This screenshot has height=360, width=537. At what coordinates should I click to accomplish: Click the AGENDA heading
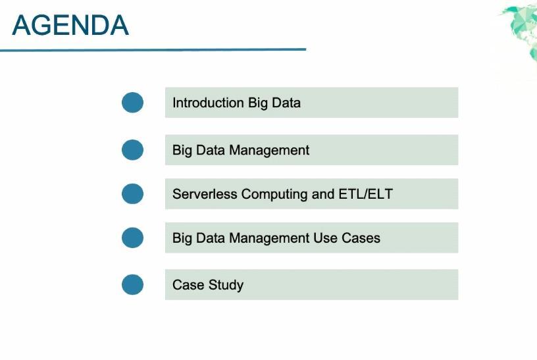70,25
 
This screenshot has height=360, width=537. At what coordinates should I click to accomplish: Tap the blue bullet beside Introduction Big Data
132,103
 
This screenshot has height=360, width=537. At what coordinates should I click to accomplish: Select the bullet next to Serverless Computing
132,194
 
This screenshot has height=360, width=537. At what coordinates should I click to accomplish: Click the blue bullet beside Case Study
132,284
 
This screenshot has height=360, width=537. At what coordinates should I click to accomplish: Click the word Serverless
205,194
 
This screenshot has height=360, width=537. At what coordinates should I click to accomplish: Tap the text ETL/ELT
365,194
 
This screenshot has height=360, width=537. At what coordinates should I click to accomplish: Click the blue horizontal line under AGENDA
153,49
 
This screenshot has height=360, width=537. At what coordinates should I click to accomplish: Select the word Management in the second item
269,150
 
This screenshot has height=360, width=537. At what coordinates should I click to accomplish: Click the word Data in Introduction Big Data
286,103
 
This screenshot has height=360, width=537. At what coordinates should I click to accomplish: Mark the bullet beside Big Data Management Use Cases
132,238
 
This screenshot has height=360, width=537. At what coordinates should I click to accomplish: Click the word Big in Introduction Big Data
258,103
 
